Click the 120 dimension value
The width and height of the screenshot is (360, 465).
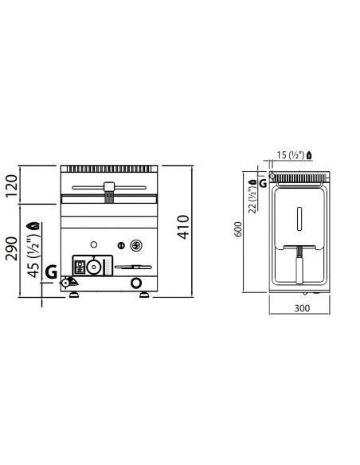coord(12,186)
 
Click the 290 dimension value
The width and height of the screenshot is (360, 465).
coord(12,248)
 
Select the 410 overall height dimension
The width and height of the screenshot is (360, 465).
coord(183,227)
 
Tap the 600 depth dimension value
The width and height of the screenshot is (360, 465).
coord(238,229)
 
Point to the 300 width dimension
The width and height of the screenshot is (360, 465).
coord(302,308)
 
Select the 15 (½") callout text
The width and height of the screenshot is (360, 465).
coord(291,154)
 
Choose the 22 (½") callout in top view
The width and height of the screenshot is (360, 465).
coord(252,200)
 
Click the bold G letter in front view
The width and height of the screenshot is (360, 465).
coord(51,272)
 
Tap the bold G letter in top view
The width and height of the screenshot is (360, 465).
coord(263,184)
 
